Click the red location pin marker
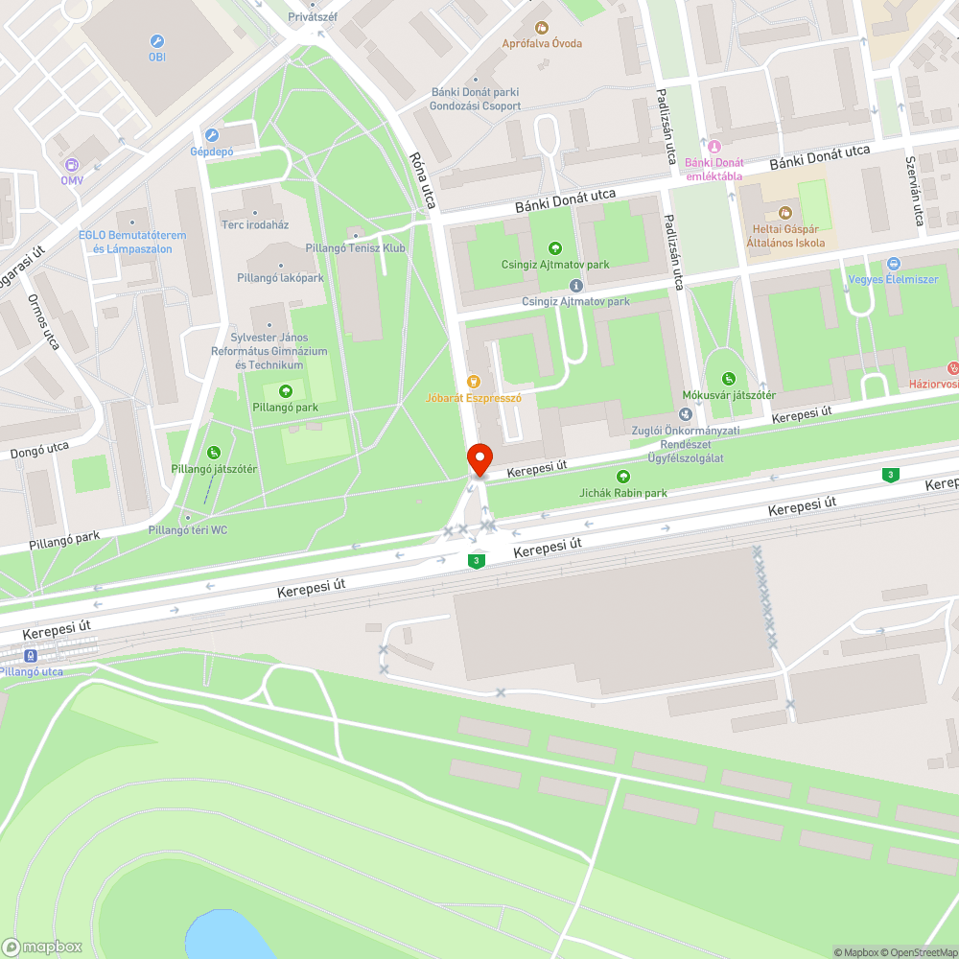coord(479,458)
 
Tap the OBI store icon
coord(157,41)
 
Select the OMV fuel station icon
coord(72,164)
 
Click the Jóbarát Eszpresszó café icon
coord(473,381)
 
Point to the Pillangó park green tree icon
coord(285,391)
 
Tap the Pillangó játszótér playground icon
coord(213,453)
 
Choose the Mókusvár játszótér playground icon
coord(729,379)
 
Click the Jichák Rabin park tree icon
coord(623,477)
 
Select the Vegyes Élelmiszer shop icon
coord(894,264)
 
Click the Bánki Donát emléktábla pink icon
coord(713,146)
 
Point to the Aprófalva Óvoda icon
coord(542,27)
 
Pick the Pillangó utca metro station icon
coord(31,656)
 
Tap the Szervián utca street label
coord(914,192)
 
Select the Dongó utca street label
coord(39,448)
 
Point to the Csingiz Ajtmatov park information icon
coord(575,286)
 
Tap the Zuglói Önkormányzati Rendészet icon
coord(685,414)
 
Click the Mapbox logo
coord(42,947)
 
